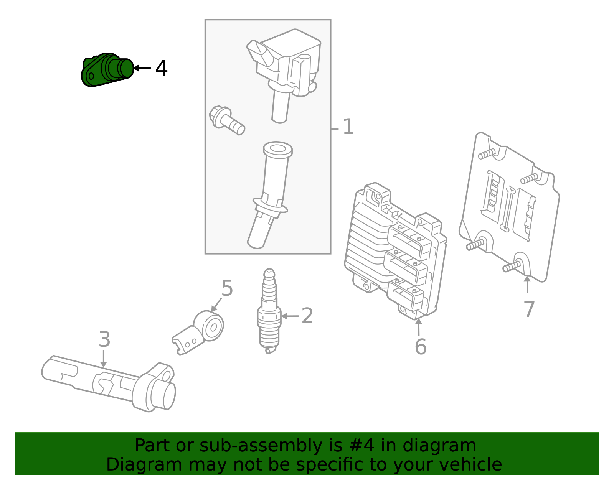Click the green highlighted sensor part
coord(107,70)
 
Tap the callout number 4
coord(161,69)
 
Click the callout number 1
coord(348,127)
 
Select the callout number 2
coord(307,316)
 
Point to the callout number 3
coord(104,339)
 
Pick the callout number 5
coord(227,288)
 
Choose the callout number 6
coord(421,347)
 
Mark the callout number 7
coord(529,309)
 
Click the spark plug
coord(269,311)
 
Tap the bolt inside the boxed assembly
coord(226,120)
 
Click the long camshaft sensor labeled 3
coord(111,384)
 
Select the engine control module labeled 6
coord(395,251)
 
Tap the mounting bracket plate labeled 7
coord(510,207)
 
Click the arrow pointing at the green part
coord(142,68)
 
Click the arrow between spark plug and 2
coord(290,316)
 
